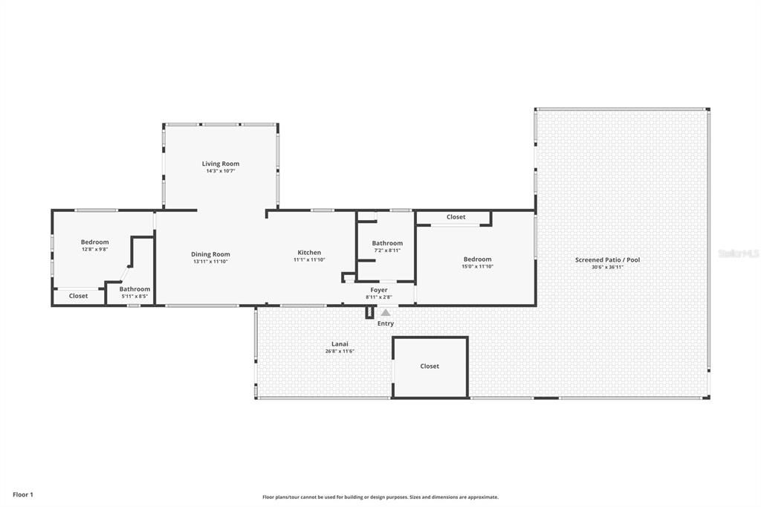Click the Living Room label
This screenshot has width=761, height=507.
(x=221, y=164)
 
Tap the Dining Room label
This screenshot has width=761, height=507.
(x=210, y=254)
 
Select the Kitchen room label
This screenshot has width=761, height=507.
(x=309, y=253)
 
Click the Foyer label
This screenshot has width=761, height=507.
(x=379, y=290)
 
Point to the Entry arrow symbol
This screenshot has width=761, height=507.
(x=385, y=313)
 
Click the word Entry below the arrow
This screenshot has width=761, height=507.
(x=386, y=323)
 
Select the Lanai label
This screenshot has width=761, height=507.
(x=340, y=344)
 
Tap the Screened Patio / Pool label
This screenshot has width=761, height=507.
(x=607, y=259)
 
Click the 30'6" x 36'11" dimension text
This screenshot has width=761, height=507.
(x=607, y=267)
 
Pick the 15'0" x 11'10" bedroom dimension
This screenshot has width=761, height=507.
(x=477, y=266)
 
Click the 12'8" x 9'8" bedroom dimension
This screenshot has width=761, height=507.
(x=94, y=249)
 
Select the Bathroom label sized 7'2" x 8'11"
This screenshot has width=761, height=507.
(x=387, y=243)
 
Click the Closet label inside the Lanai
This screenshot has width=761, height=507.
(x=430, y=366)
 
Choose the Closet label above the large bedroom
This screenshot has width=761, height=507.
(x=456, y=217)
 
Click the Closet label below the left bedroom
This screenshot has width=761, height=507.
(x=78, y=296)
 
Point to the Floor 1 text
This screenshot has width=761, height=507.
(x=23, y=494)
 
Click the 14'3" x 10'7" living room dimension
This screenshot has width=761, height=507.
(x=221, y=171)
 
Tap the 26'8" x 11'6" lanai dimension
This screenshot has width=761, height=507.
(x=340, y=351)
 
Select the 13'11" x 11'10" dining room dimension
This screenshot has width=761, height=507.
(x=210, y=262)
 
